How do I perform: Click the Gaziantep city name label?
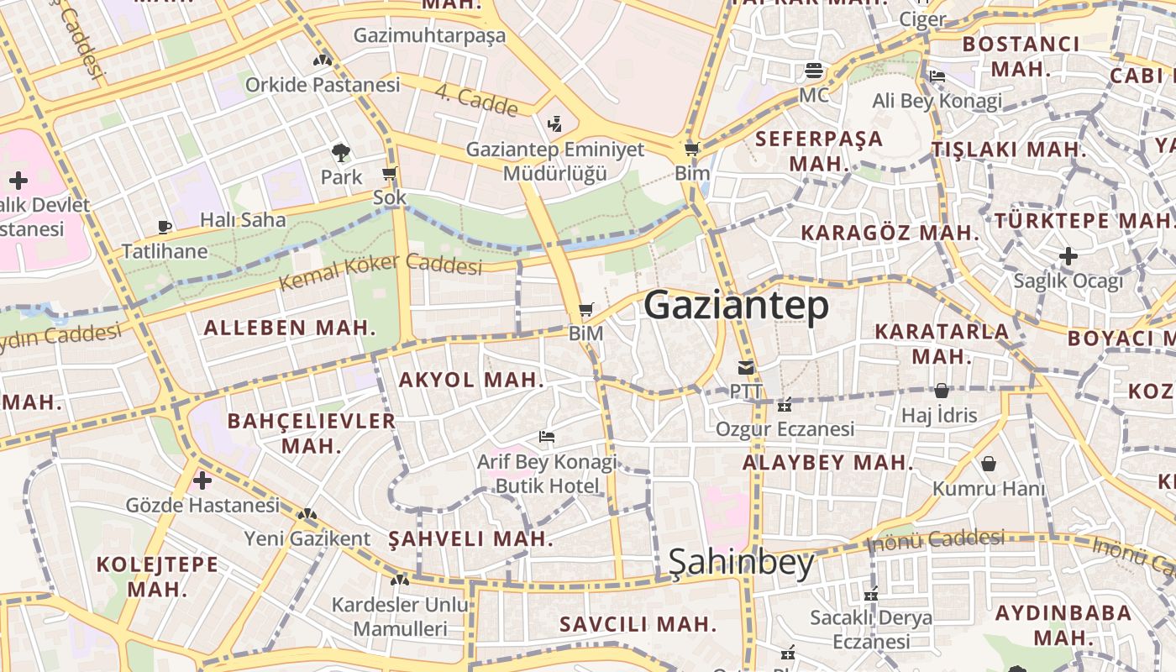pos(736,306)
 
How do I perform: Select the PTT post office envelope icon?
pos(746,367)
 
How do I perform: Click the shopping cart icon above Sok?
pos(389,174)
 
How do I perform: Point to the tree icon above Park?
pos(341,152)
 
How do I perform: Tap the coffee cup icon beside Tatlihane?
pos(165,227)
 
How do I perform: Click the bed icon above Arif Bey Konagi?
pos(547,437)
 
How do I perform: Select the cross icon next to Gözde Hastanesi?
pos(202,480)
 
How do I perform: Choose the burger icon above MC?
pos(813,71)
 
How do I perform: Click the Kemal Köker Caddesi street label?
pos(381,270)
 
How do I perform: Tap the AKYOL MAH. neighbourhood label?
pos(471,380)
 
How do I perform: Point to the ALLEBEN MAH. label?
pos(290,328)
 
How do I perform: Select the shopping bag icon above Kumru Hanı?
pos(989,464)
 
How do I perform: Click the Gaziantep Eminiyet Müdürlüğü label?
pos(555,161)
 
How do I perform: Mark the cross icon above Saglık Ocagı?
pos(1068,255)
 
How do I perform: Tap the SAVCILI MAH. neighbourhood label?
pos(638,624)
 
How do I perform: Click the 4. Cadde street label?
pos(476,100)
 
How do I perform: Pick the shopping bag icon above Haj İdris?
pos(941,391)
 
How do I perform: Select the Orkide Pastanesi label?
pos(323,85)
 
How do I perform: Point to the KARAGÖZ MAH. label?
pos(890,233)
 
